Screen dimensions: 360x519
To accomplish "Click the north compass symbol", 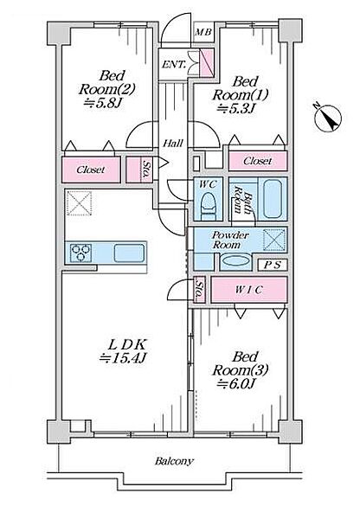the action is click(328, 119).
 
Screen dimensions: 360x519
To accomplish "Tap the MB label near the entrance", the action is click(203, 33).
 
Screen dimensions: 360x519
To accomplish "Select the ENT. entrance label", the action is click(174, 64).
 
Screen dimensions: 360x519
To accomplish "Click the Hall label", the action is click(173, 144).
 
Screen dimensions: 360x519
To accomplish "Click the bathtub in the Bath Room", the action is click(273, 199).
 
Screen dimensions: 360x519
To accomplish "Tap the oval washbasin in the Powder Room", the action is click(236, 260).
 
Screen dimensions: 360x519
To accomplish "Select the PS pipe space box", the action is click(273, 265).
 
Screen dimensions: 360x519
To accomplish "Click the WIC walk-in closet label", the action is click(248, 290).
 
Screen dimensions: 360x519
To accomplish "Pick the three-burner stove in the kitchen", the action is click(81, 253).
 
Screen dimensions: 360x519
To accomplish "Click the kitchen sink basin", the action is click(129, 253).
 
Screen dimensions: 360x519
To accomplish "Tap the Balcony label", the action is click(174, 461).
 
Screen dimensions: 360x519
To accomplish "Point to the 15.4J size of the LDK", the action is click(124, 357).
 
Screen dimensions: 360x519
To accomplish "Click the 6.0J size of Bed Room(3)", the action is click(236, 383).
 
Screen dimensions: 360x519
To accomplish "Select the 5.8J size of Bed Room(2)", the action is click(103, 103).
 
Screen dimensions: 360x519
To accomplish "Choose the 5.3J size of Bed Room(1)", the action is click(236, 109).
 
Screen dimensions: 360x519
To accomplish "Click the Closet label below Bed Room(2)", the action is click(90, 170).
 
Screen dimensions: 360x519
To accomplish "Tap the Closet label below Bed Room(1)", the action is click(258, 161).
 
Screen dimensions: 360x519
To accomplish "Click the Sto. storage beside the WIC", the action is click(199, 290).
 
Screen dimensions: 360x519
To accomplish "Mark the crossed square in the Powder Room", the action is click(274, 239).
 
